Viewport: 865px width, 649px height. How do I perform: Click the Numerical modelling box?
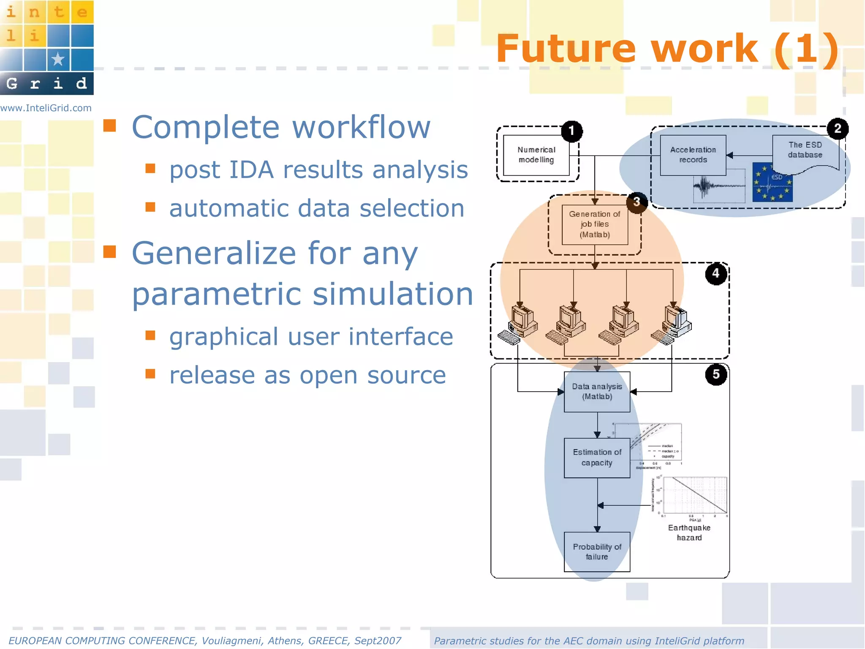[x=536, y=155]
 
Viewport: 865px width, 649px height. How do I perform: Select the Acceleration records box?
[x=693, y=155]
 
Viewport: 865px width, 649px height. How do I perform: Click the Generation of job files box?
[x=595, y=224]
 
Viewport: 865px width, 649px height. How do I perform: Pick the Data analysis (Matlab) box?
[x=597, y=392]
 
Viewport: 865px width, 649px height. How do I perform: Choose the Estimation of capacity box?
[x=597, y=458]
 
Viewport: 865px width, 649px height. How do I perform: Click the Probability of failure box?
[x=597, y=552]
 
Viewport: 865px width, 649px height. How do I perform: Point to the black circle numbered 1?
[x=572, y=131]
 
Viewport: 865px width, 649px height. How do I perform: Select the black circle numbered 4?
[x=715, y=274]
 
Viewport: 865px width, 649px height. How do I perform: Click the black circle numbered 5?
[x=716, y=374]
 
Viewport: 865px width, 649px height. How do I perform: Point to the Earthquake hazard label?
[x=689, y=533]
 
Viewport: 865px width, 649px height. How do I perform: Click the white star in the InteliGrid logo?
[x=58, y=59]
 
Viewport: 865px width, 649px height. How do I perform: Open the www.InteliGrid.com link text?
[x=46, y=108]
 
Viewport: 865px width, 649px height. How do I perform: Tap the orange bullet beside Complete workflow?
[x=110, y=125]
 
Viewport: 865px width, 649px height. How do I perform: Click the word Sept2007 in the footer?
[x=378, y=641]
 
